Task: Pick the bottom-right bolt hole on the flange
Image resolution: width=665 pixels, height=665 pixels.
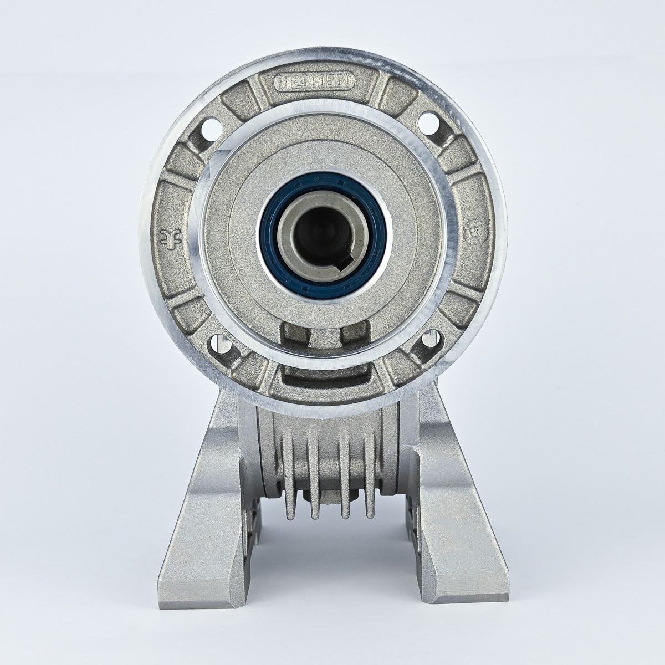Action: click(x=428, y=339)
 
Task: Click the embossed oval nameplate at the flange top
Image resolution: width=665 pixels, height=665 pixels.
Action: click(x=314, y=82)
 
